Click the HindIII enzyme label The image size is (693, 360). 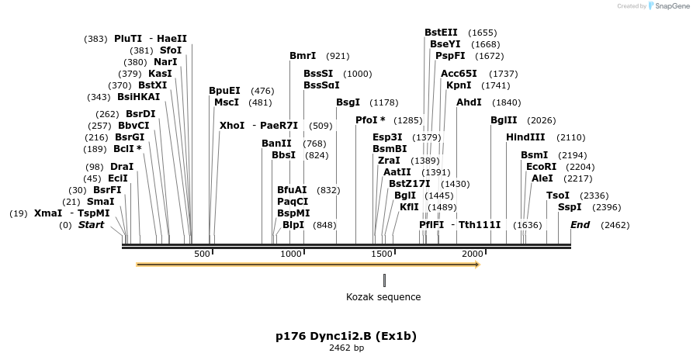[x=525, y=137]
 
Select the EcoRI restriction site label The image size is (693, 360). [x=541, y=167]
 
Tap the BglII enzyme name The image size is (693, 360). [x=504, y=120]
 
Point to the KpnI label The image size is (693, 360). [x=459, y=85]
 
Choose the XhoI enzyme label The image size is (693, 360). [x=232, y=126]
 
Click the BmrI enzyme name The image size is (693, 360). [x=303, y=56]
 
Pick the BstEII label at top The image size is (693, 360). [x=441, y=33]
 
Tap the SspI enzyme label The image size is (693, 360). [x=570, y=207]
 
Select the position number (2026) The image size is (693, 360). [x=541, y=120]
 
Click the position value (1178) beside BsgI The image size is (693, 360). [x=383, y=102]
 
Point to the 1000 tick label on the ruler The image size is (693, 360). [x=291, y=254]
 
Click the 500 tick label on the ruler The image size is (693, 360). [x=202, y=254]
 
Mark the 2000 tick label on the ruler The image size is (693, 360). [x=473, y=254]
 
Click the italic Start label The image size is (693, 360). [x=91, y=225]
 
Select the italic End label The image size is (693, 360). [x=580, y=225]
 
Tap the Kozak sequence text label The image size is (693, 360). [x=383, y=296]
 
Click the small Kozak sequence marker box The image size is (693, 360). [x=383, y=280]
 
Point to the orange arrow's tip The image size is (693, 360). [x=478, y=265]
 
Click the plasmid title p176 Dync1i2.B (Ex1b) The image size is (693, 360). [x=346, y=337]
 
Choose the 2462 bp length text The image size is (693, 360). [x=346, y=348]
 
